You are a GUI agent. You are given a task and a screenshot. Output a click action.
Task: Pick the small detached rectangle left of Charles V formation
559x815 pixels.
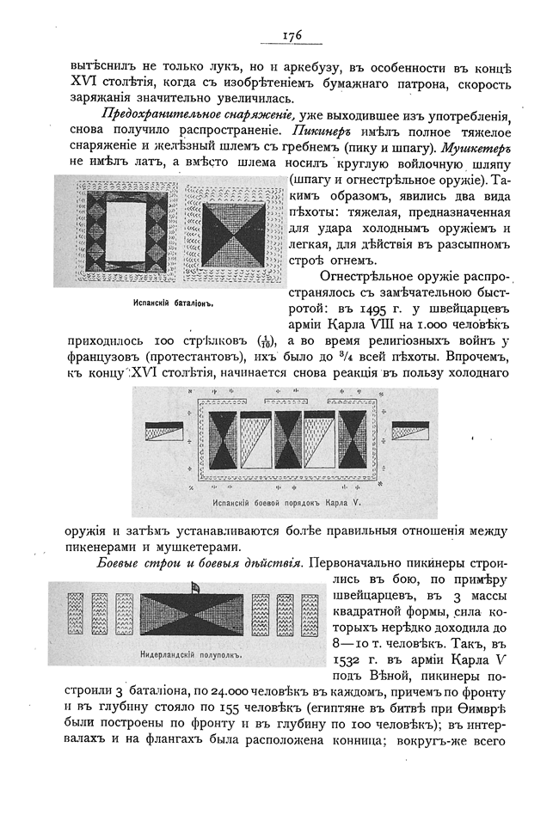[164, 431]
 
